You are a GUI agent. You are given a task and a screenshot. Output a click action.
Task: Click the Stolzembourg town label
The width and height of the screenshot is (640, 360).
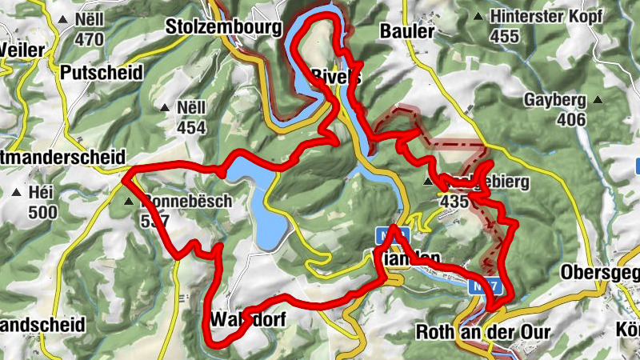click(224, 28)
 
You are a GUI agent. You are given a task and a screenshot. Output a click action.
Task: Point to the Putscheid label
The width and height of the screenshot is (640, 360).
click(102, 73)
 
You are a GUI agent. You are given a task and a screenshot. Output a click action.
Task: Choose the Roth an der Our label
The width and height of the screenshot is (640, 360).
click(471, 330)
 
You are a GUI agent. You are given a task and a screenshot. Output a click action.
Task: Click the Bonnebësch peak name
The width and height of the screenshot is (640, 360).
click(186, 202)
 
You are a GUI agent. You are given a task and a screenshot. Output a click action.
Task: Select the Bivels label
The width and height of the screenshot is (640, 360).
click(335, 78)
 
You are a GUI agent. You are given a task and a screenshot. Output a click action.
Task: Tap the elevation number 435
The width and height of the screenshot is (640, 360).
click(454, 202)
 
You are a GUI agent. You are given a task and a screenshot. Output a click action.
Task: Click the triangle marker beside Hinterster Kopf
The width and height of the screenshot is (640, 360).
click(478, 16)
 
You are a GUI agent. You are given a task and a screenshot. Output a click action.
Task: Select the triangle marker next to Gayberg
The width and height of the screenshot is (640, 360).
click(597, 101)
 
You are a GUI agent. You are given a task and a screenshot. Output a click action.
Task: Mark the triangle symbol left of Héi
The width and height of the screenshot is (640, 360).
click(18, 193)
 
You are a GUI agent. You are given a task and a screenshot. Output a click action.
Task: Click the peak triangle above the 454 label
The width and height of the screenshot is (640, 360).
click(164, 108)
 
